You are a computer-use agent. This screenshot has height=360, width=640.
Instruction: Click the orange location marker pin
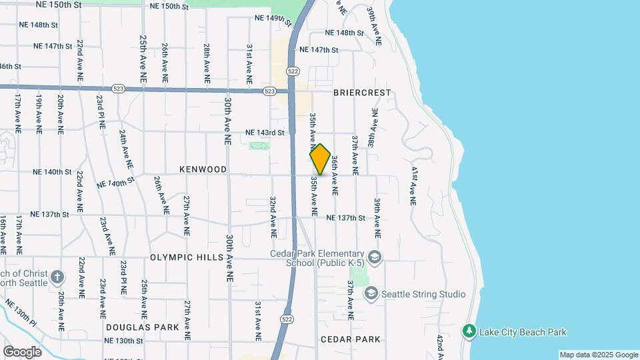[x=320, y=159]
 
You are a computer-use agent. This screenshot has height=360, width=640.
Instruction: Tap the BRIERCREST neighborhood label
[x=361, y=93]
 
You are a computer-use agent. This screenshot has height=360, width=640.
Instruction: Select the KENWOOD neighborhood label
[x=203, y=169]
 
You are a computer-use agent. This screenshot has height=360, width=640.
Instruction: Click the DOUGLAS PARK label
[x=143, y=327]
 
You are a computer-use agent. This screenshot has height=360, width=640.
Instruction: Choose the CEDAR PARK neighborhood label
[x=351, y=339]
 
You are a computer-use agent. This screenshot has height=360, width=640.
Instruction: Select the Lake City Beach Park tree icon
[x=469, y=331]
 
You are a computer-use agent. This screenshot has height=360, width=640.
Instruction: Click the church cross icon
[x=58, y=277]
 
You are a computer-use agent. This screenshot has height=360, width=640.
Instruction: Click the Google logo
[x=22, y=351]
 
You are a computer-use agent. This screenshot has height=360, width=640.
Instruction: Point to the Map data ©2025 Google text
[x=598, y=355]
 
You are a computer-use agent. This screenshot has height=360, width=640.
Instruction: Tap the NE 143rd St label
[x=265, y=133]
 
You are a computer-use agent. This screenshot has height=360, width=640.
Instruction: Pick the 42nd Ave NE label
[x=440, y=345]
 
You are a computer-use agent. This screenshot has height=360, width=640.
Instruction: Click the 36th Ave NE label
[x=335, y=175]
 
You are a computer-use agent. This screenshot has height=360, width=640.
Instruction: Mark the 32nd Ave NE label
[x=273, y=217]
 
